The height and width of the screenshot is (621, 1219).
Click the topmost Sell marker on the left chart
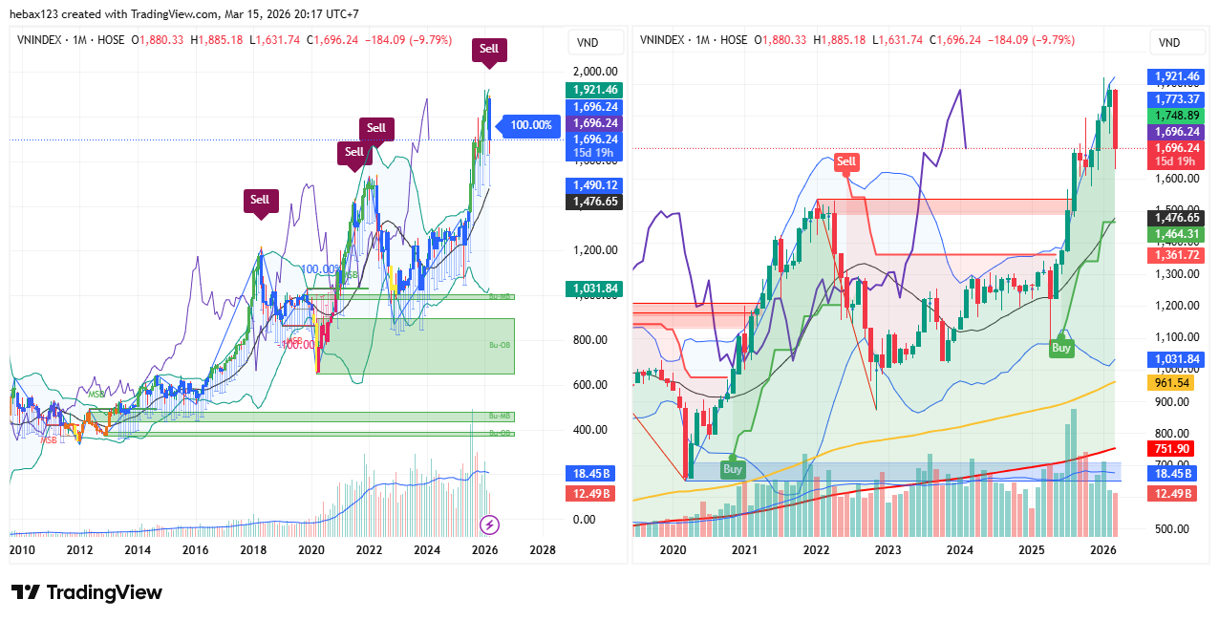click(488, 49)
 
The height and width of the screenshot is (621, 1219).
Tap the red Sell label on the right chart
click(846, 161)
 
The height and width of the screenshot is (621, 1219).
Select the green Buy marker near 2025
click(1061, 348)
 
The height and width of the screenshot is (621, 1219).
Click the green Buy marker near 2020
click(733, 469)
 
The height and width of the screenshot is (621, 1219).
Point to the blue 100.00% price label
click(531, 125)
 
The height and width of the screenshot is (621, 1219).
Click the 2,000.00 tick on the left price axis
click(594, 72)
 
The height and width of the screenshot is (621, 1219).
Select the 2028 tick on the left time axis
click(543, 550)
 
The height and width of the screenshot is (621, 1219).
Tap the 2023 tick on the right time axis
click(888, 550)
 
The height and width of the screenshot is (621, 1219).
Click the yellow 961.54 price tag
click(1172, 382)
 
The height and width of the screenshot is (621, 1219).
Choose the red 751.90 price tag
click(1172, 449)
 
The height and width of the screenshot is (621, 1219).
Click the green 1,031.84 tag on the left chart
click(593, 289)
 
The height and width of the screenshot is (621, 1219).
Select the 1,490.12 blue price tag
click(593, 185)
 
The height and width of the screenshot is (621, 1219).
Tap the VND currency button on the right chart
click(1169, 42)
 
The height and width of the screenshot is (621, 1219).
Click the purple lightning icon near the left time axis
click(489, 524)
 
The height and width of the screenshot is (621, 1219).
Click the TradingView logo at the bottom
click(86, 592)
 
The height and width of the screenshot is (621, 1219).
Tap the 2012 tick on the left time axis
click(79, 550)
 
